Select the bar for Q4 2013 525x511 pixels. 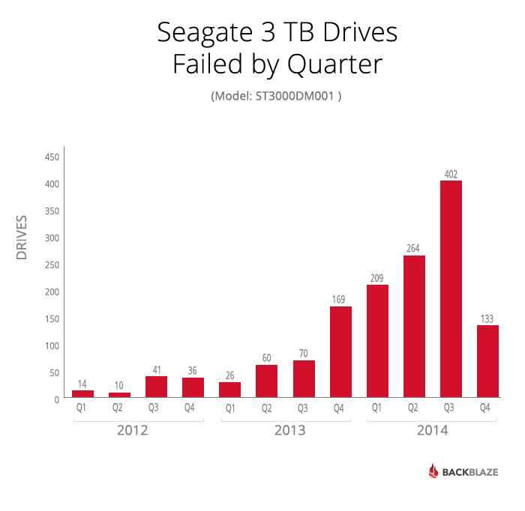(340, 351)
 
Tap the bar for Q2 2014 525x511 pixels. (414, 326)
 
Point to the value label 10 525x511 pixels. (119, 386)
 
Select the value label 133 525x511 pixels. (487, 318)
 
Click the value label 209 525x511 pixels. (377, 279)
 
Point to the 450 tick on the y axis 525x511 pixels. (51, 157)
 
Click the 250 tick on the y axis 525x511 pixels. (51, 265)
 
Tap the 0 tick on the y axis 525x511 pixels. (56, 400)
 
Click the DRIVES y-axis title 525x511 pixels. (22, 238)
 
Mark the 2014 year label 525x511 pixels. (432, 431)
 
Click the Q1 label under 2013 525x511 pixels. (229, 408)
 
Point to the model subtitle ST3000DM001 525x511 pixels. (296, 96)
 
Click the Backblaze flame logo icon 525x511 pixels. (434, 471)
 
